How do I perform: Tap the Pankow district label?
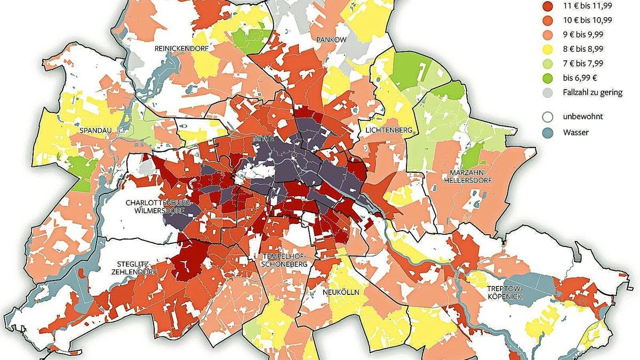coord(331,40)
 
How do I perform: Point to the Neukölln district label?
coord(340,293)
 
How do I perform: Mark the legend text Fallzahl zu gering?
coord(593,92)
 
